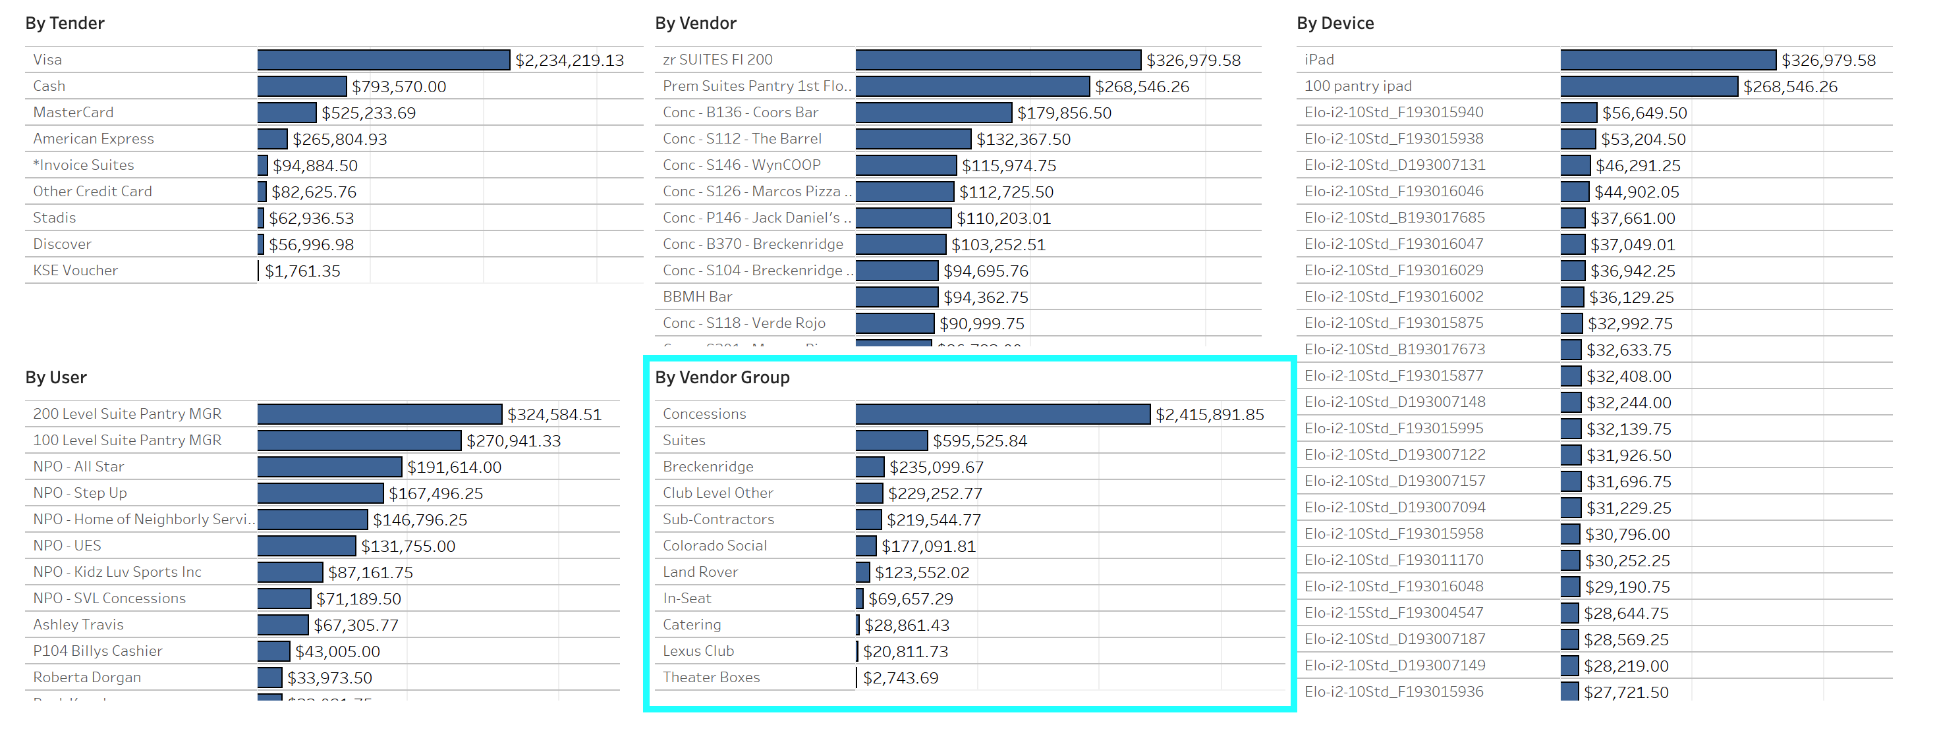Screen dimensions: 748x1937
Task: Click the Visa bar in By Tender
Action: coord(383,60)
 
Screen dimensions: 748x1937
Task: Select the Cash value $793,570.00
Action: coord(399,87)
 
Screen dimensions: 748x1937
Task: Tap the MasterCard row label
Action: coord(73,113)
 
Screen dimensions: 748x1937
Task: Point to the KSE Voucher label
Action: coord(75,271)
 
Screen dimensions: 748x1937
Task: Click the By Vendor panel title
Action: coord(696,23)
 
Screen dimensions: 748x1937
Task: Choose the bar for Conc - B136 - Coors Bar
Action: coord(933,113)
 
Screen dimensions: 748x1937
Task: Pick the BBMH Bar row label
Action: coord(697,297)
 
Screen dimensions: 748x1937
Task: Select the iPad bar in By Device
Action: coord(1668,60)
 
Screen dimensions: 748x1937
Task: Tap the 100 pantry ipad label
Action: coord(1358,86)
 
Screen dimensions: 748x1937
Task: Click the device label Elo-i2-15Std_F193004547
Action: coord(1393,612)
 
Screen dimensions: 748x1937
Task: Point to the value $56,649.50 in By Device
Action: coord(1644,113)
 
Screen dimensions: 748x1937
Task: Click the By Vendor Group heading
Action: coord(722,377)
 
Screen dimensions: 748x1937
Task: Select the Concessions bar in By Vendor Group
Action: coord(1002,414)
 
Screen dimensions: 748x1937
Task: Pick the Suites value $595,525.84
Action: coord(980,441)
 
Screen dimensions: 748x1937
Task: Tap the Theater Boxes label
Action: coord(711,678)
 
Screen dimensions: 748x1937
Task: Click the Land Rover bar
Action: coord(862,572)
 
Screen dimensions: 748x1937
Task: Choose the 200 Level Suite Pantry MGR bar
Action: coord(379,414)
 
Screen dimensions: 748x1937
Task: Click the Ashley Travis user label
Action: coord(78,625)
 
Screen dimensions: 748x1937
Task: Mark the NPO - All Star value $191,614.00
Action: coord(454,467)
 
